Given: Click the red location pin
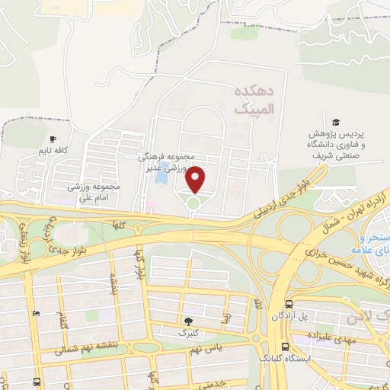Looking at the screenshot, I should pos(196,179).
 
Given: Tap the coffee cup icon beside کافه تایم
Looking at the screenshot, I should pos(53,139).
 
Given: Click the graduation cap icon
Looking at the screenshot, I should pos(334,122).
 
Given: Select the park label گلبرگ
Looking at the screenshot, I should pos(188,333).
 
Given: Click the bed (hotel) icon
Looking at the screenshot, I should pos(36,313).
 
